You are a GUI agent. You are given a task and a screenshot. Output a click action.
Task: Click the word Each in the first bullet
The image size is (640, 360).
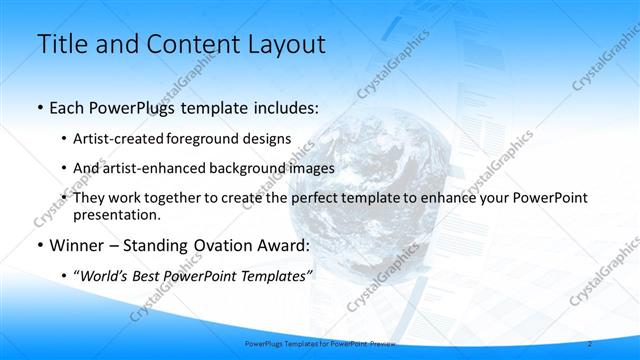click(69, 106)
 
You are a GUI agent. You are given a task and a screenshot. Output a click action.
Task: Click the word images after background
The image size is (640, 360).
click(310, 168)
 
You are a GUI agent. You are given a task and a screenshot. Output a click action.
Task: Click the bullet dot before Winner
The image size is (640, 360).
click(39, 246)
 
